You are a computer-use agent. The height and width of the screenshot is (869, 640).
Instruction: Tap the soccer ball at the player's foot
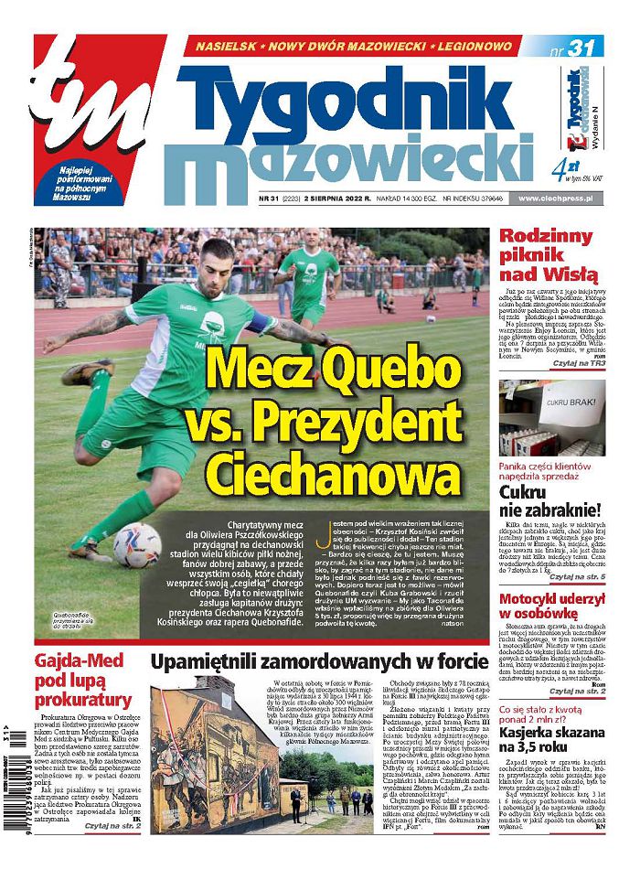click(136, 546)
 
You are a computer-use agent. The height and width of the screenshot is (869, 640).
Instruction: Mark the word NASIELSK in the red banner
click(227, 45)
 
